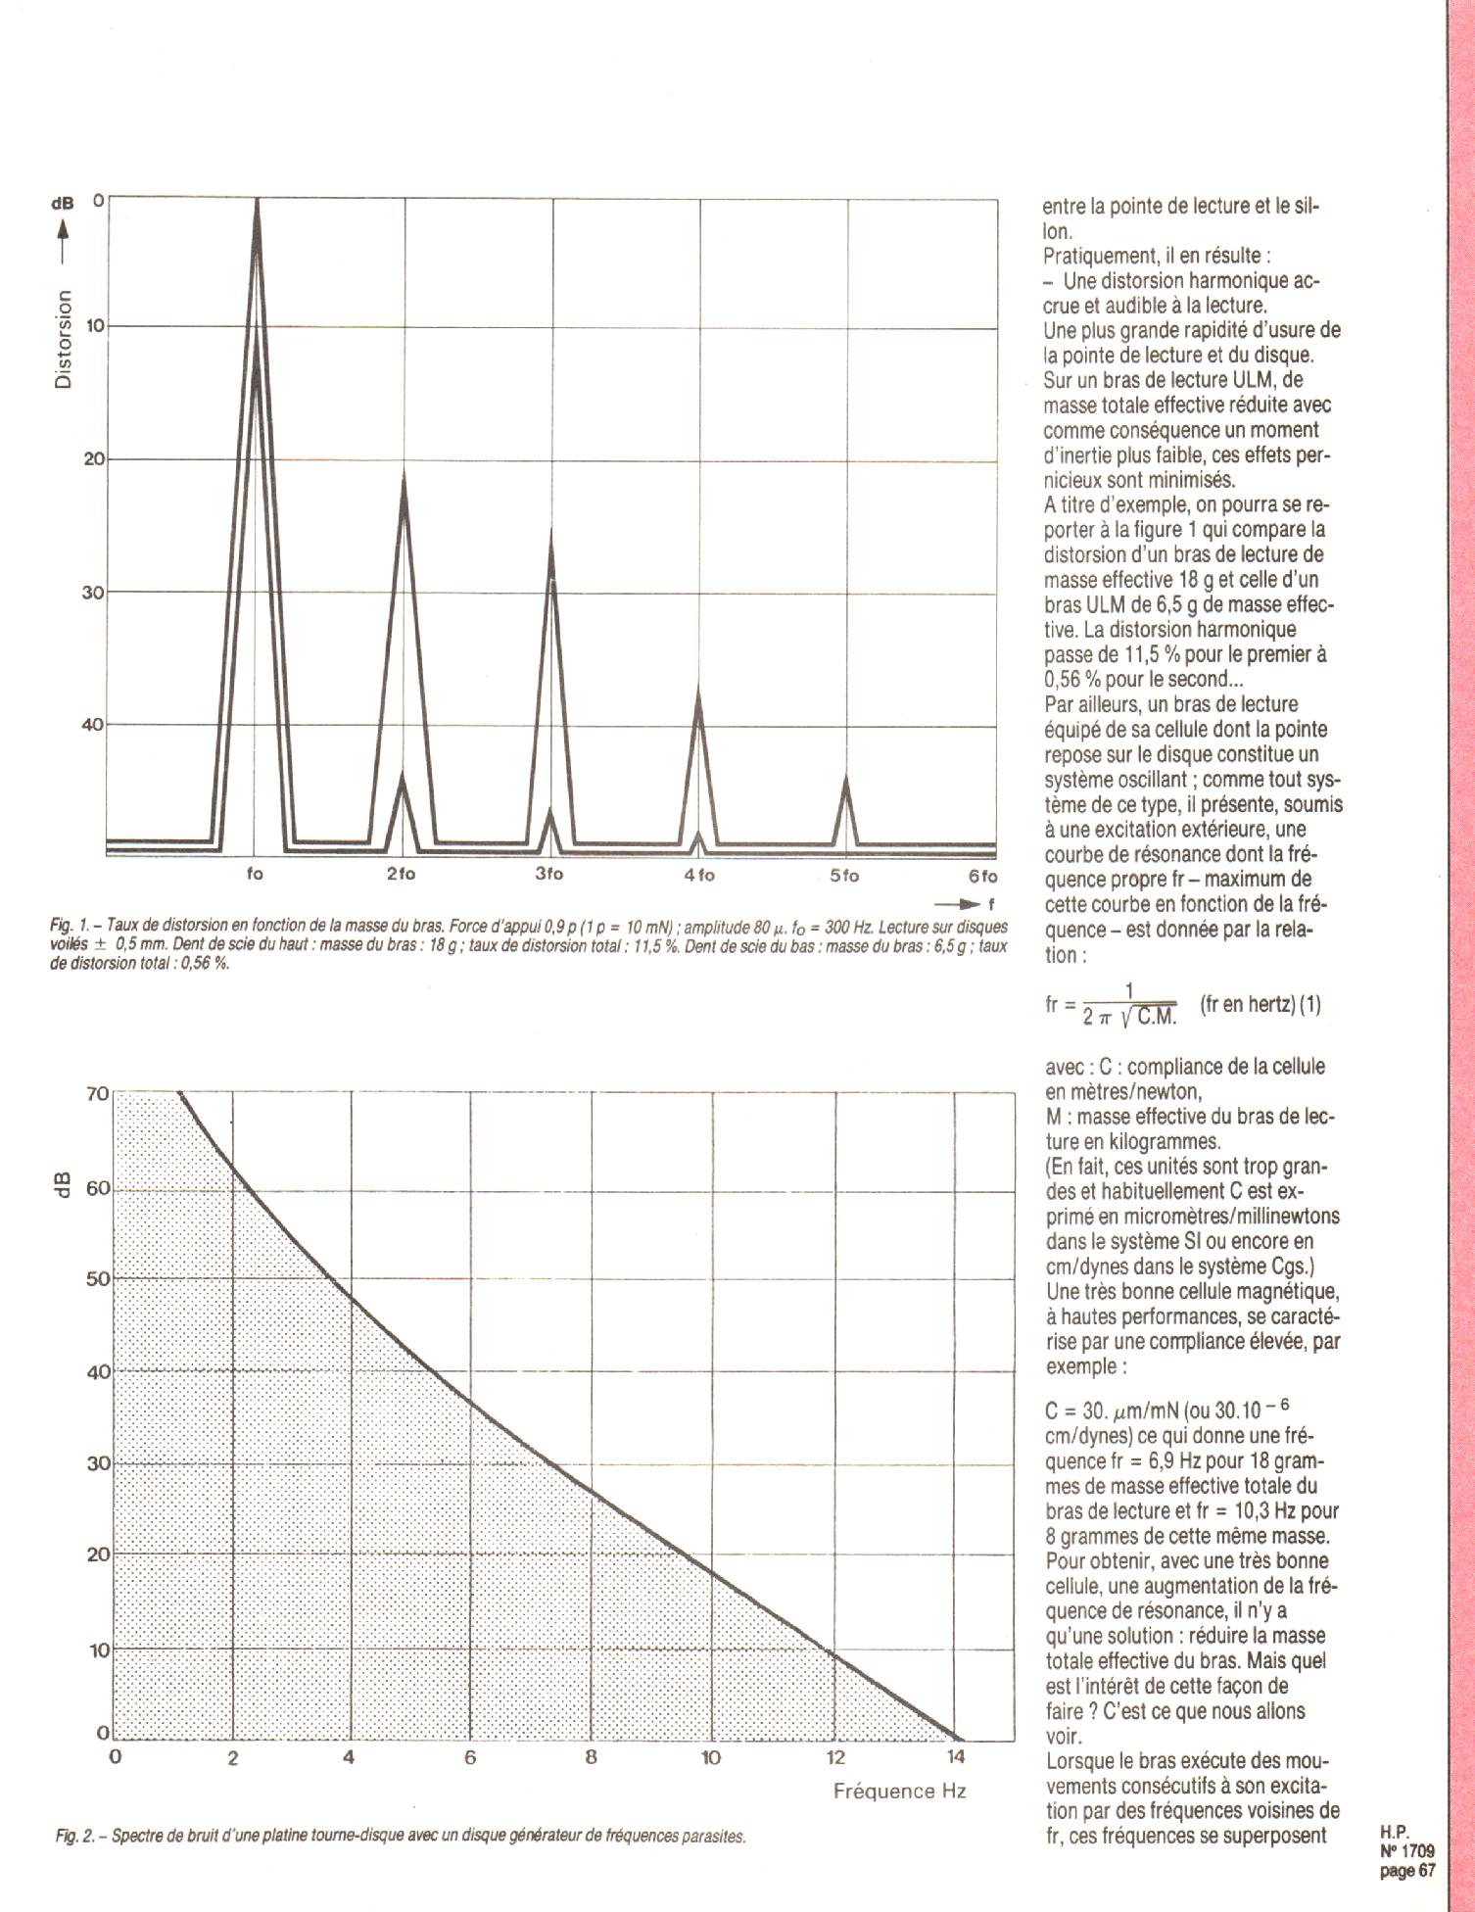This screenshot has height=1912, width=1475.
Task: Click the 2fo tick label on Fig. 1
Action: click(401, 875)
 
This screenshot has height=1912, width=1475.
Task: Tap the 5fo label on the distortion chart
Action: click(844, 876)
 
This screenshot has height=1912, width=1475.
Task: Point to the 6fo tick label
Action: click(982, 876)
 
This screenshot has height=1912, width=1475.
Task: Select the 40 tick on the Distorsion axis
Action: click(93, 725)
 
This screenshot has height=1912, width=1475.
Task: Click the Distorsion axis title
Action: click(64, 340)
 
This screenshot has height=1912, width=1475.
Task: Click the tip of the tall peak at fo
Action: click(257, 200)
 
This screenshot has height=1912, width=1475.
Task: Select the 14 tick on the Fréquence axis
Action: click(954, 1756)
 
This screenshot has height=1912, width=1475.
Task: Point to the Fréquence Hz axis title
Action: click(899, 1791)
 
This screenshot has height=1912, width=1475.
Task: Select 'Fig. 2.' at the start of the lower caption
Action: click(74, 1836)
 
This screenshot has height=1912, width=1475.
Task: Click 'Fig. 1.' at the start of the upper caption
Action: click(71, 925)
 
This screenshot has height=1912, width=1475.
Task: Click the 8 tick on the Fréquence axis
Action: click(591, 1756)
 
